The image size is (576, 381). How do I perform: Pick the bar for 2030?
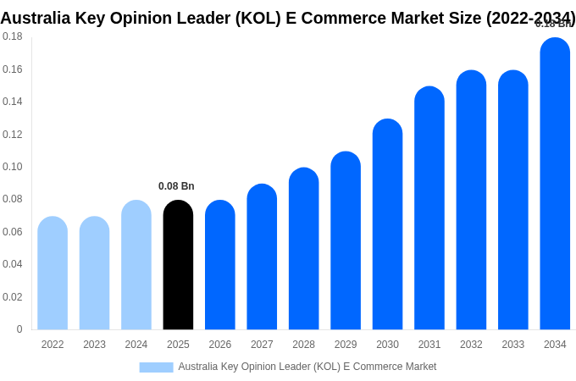[x=387, y=224]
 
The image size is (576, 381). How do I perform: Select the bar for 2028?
[x=303, y=249]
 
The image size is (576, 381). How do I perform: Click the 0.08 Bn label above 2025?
[x=176, y=186]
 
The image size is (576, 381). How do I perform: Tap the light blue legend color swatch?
[x=156, y=367]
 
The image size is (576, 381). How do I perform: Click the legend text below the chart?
[x=307, y=367]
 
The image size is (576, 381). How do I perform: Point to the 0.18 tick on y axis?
[x=13, y=36]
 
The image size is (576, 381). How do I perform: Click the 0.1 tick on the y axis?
[x=13, y=167]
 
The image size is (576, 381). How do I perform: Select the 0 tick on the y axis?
[x=19, y=329]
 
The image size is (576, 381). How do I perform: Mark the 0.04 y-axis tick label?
[x=13, y=264]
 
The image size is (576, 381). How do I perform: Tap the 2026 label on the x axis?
[x=220, y=345]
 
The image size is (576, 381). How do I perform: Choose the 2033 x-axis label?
[x=513, y=345]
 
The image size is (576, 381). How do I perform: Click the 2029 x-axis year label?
[x=346, y=345]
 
